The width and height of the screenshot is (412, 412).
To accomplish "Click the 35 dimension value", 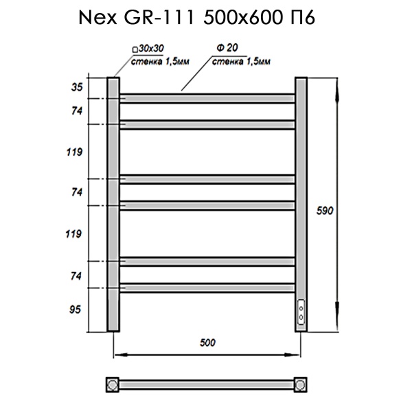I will pos(76,87).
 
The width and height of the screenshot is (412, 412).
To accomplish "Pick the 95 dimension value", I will pos(76,310).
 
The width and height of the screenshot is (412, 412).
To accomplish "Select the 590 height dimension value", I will pos(325,211).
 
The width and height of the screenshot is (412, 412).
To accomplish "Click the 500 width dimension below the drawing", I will pos(207,342).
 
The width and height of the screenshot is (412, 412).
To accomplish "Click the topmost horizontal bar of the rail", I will pos(207,99).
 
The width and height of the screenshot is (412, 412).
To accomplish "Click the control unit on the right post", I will pos(301,312).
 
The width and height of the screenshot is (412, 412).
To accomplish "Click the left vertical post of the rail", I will pos(113,206).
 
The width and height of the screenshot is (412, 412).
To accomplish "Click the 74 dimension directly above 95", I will pos(76,275).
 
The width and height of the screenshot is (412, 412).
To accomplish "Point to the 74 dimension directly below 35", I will pos(76,111).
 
